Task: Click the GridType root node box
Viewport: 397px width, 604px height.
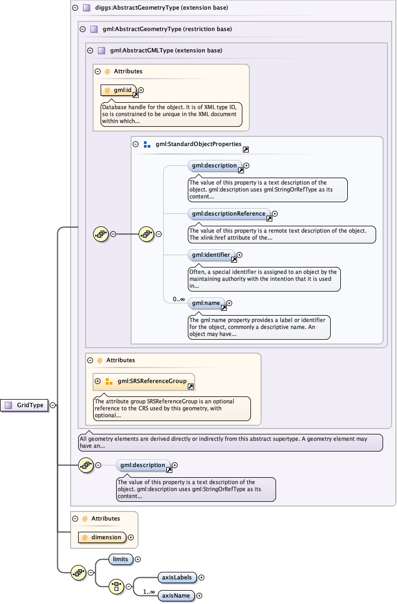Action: click(x=25, y=406)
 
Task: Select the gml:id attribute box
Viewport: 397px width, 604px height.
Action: click(x=119, y=90)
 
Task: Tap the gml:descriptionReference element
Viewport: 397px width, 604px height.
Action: click(x=227, y=214)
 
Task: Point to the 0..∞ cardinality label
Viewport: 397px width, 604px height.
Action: click(x=178, y=300)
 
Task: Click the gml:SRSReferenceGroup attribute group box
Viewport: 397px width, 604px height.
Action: click(x=143, y=381)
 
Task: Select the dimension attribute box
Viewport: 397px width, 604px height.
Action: click(x=102, y=537)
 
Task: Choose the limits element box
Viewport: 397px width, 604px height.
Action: click(x=120, y=559)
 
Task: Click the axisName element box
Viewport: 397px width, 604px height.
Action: click(x=176, y=595)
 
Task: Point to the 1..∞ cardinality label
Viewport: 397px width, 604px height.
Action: click(x=148, y=592)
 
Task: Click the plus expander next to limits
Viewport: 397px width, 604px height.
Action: click(x=138, y=560)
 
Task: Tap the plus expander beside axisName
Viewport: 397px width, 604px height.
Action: click(x=200, y=595)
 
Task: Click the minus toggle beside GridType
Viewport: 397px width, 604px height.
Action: click(x=52, y=406)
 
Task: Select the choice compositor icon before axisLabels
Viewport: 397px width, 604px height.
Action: click(x=116, y=586)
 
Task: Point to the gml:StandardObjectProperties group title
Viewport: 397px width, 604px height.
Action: click(x=198, y=144)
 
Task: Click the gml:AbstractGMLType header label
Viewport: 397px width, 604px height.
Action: click(x=166, y=51)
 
